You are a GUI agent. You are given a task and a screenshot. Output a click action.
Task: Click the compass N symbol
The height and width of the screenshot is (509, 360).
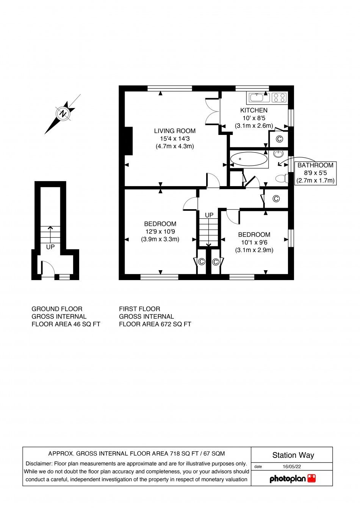pos(63,113)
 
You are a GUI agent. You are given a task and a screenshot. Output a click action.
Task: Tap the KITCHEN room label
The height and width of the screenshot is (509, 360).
pos(254,110)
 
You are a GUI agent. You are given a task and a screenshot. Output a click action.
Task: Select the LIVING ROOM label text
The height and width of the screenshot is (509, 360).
pos(175,131)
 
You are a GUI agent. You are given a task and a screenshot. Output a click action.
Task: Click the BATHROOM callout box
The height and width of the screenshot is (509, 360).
pos(315,173)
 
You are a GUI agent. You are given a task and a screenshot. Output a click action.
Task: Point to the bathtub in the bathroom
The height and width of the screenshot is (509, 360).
pos(249,159)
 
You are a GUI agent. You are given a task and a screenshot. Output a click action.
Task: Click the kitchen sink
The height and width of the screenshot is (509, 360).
pos(259,98)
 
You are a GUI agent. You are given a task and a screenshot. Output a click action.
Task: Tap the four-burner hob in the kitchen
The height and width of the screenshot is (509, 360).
pos(279,98)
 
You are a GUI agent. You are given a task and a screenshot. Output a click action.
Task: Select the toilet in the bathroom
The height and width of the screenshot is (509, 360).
pos(282,178)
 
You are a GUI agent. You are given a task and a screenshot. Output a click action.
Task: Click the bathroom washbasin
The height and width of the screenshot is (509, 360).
pos(279,153)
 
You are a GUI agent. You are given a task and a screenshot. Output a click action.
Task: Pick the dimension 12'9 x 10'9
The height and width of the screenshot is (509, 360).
pos(160,232)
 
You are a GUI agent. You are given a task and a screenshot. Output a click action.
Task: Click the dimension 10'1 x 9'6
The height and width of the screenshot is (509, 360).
pos(254,243)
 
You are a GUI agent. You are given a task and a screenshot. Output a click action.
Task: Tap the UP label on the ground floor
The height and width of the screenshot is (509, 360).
pos(50,247)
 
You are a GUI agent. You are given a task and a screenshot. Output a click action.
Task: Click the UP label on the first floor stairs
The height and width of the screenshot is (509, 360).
pos(209,215)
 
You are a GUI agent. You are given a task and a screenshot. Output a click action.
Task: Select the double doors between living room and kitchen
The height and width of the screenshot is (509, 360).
pos(212,111)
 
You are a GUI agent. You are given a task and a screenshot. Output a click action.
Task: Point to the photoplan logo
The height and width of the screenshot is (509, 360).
pos(292,479)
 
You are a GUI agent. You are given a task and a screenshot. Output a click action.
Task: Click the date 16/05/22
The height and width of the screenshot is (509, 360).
pos(292,467)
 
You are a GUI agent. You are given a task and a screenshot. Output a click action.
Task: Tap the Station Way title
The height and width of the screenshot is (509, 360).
pos(293,455)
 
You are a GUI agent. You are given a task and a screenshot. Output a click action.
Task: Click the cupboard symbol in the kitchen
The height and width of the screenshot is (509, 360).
pos(279,139)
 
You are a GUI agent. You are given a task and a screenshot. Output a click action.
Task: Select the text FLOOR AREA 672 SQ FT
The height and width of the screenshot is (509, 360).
pos(155,324)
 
